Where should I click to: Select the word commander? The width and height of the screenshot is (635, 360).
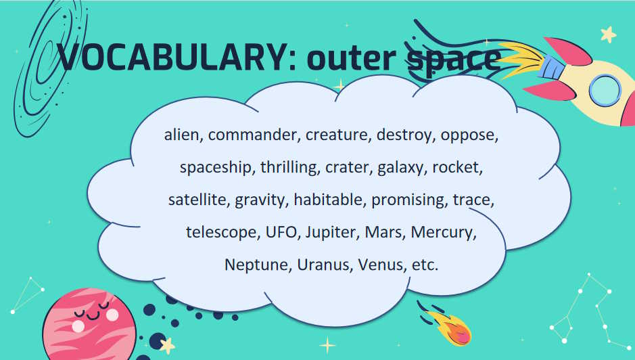coord(254,135)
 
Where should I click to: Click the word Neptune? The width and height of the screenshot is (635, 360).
coord(258,265)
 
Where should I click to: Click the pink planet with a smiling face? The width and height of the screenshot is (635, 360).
coord(89,325)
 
